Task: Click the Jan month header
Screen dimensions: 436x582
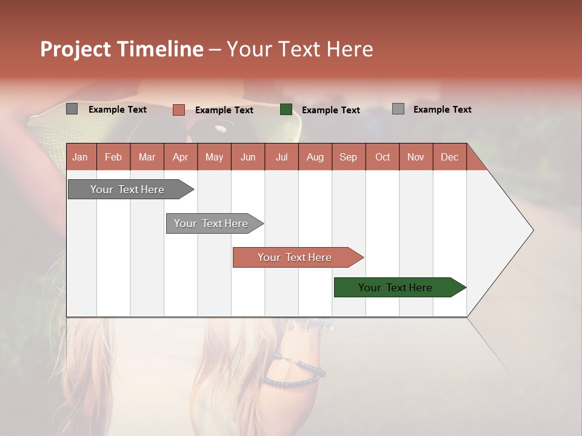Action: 80,157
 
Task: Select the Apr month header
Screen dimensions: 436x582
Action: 180,157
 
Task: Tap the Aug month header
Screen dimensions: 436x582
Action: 315,157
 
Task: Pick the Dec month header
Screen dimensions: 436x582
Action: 449,157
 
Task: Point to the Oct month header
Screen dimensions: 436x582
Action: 382,157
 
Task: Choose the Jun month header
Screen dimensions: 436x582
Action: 247,157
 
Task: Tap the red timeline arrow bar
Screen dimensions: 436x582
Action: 296,257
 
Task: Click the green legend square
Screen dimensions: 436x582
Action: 286,110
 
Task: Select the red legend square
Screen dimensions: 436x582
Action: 179,110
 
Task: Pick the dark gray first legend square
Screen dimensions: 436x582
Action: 72,109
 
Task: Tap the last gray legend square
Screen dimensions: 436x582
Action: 398,109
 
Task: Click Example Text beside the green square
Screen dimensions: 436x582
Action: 330,110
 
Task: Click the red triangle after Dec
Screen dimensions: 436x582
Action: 475,161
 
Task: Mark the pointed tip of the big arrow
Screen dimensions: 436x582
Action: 532,230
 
